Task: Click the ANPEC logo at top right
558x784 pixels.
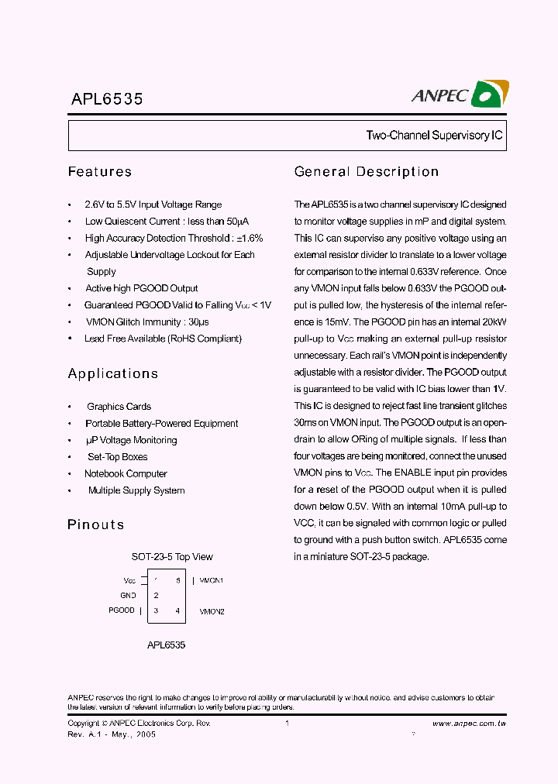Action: (459, 95)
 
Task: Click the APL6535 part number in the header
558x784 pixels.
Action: (105, 99)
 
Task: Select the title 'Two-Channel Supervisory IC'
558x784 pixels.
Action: (434, 136)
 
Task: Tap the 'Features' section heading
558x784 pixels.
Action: (100, 172)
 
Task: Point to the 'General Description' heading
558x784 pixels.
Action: (367, 172)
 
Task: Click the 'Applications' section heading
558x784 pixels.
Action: (113, 373)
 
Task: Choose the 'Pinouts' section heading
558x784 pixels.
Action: (96, 524)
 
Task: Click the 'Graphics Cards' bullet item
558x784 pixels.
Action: (119, 407)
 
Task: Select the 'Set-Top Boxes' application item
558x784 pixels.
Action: (117, 457)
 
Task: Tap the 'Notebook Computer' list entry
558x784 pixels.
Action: (126, 474)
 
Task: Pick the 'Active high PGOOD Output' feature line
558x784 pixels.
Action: (141, 288)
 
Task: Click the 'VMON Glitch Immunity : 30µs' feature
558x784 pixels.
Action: (147, 322)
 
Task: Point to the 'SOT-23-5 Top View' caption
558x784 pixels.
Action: (172, 557)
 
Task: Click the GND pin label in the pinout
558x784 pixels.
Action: (128, 596)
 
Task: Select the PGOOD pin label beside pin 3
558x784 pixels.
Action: (122, 610)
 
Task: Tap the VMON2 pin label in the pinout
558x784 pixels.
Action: (212, 611)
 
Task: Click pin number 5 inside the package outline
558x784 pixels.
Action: (177, 580)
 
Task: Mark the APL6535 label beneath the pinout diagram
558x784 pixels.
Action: (166, 645)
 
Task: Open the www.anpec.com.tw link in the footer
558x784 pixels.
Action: (469, 724)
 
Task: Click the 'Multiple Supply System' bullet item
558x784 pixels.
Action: (136, 490)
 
